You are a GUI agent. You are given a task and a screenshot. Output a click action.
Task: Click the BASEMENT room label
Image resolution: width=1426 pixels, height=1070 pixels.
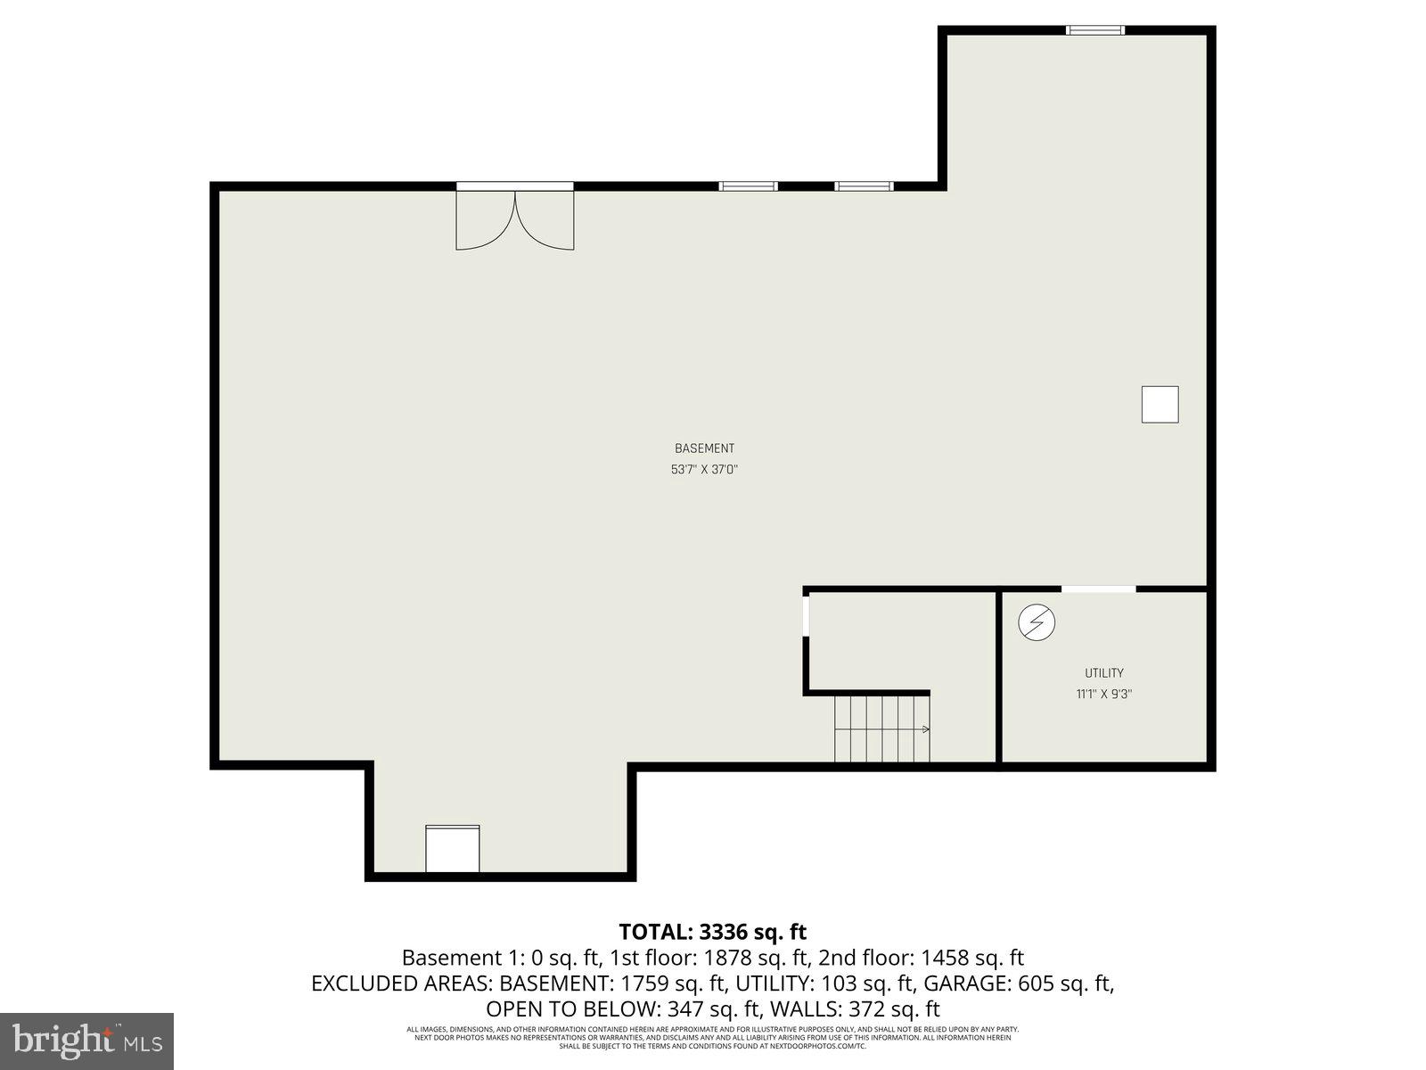[704, 449]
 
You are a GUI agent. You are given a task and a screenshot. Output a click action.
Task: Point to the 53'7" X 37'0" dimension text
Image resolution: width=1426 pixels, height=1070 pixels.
[704, 469]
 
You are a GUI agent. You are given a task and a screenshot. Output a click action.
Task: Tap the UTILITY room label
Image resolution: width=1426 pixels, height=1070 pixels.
[1103, 673]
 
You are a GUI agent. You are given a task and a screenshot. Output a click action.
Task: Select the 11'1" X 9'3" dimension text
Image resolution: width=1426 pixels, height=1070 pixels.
[1103, 694]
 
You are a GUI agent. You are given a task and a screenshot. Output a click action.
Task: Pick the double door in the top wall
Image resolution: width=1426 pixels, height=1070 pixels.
[515, 218]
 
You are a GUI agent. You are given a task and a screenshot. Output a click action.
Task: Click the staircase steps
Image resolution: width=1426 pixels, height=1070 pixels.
[878, 729]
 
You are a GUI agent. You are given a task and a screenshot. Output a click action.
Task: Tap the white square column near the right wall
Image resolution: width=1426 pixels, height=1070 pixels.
[1160, 404]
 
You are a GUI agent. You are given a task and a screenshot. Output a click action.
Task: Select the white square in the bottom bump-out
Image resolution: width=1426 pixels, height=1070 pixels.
[452, 849]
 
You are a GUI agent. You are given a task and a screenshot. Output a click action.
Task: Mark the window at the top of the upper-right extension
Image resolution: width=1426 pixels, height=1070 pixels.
[1095, 30]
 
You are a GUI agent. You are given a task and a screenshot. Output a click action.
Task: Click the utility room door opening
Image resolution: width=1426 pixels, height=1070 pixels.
[1098, 588]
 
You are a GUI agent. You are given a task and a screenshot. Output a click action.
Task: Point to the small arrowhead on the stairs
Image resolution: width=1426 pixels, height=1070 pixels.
[926, 729]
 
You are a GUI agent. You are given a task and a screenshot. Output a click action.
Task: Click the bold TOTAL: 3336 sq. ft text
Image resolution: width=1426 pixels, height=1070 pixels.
[712, 932]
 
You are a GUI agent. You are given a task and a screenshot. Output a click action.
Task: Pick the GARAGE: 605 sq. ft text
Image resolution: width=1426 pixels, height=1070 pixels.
[1018, 984]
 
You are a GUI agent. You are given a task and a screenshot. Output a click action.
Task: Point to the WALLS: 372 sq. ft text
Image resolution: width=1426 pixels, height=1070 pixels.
[855, 1009]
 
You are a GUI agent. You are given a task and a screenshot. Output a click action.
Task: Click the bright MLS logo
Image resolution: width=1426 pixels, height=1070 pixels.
[86, 1040]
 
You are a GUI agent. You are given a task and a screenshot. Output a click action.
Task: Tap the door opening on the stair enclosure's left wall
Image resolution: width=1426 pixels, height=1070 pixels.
[806, 615]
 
